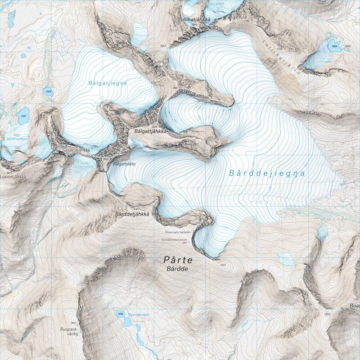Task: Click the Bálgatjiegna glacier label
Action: (x=108, y=83)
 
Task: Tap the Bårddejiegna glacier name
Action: (x=266, y=173)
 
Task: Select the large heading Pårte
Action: (x=178, y=260)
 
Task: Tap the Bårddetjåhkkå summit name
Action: (x=132, y=213)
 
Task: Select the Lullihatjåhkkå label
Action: (x=195, y=19)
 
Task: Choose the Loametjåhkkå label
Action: (x=13, y=177)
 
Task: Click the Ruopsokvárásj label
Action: (x=68, y=332)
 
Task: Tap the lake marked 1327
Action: (x=23, y=115)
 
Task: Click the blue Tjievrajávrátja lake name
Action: (x=138, y=315)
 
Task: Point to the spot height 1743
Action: (x=223, y=264)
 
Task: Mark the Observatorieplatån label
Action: (x=179, y=232)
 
